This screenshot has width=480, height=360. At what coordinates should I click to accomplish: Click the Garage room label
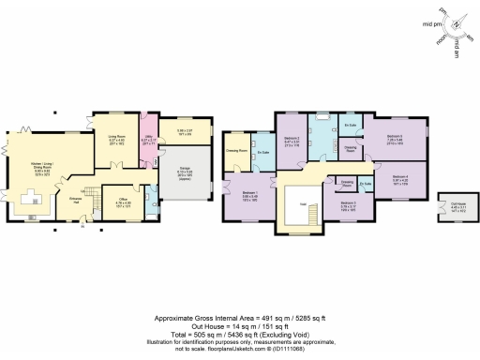173,172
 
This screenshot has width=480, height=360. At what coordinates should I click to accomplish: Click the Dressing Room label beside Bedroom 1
236,150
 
